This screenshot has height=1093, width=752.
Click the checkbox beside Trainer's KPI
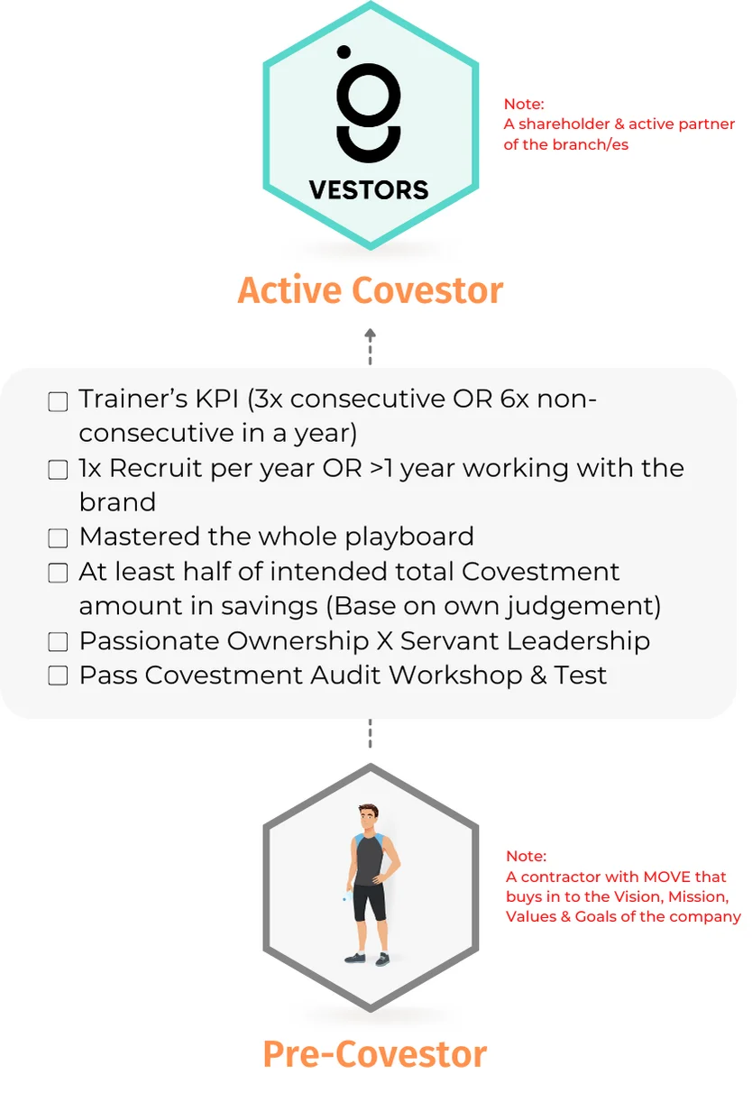click(58, 402)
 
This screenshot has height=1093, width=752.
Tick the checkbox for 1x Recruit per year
click(58, 470)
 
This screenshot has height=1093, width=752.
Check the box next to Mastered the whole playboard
click(58, 538)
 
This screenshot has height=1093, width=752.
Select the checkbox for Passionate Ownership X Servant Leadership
click(58, 642)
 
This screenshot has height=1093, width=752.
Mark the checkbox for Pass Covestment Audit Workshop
click(58, 676)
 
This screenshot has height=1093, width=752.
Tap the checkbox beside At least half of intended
click(58, 573)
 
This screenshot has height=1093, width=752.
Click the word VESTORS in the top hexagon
click(369, 189)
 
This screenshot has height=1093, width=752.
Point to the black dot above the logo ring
click(344, 51)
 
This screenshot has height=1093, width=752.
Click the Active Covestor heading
click(370, 290)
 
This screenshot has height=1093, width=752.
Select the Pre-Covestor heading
click(375, 1054)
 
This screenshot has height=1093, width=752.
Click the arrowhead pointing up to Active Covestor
click(370, 335)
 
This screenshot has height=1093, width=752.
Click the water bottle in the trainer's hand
click(346, 896)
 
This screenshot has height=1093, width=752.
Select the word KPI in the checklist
click(217, 400)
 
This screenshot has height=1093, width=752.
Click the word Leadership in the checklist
click(578, 641)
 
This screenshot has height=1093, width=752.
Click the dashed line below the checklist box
click(370, 733)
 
